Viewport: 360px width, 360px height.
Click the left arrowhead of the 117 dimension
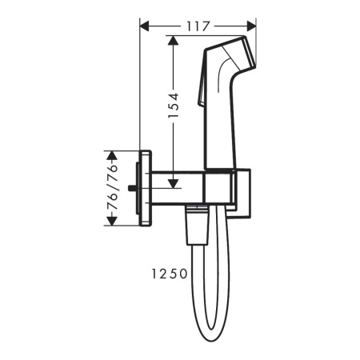pyautogui.click(x=145, y=26)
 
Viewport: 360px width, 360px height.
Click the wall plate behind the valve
pyautogui.click(x=145, y=188)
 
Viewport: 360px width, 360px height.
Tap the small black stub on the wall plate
pyautogui.click(x=132, y=189)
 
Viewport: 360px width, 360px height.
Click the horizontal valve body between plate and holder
pyautogui.click(x=177, y=189)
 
